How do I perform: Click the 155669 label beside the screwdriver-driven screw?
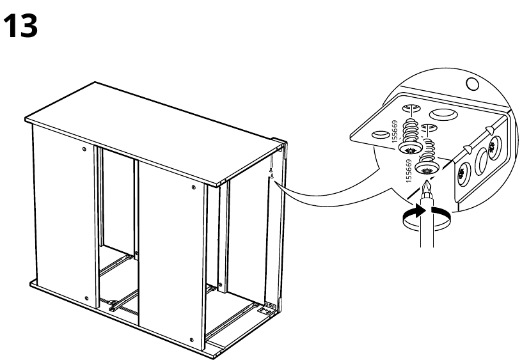point(409,172)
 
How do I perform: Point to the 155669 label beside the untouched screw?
point(395,132)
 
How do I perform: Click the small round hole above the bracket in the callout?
point(472,84)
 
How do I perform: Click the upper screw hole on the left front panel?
point(85,149)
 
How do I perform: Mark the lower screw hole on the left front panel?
point(85,298)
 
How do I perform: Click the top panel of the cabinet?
point(154,131)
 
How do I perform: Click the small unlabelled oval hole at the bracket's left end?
point(378,135)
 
